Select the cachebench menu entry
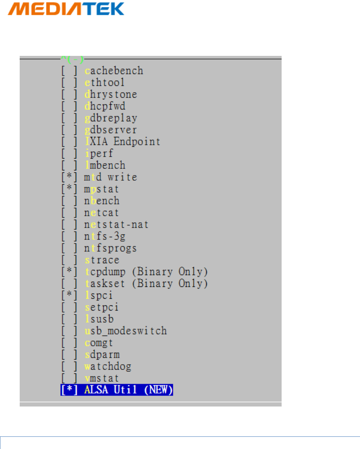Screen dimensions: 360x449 [x=114, y=71]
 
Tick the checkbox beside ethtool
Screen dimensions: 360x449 [x=69, y=83]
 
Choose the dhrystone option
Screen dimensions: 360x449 [x=111, y=94]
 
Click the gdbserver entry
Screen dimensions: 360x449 [x=111, y=130]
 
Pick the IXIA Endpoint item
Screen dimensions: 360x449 [x=122, y=142]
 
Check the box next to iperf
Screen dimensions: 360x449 [x=69, y=153]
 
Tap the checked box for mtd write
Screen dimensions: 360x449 [x=69, y=177]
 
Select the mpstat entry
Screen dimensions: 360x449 [x=102, y=189]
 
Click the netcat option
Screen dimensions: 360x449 [x=102, y=213]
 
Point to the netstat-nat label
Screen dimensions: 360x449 [x=117, y=225]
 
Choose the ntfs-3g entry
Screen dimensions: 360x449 [x=105, y=237]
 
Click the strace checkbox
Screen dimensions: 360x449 [x=69, y=260]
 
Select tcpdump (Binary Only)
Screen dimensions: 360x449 [x=146, y=272]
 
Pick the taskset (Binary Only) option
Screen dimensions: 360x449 [x=146, y=284]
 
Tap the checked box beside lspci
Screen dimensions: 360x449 [x=69, y=296]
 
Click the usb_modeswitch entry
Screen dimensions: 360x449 [x=126, y=331]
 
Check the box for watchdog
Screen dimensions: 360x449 [x=69, y=366]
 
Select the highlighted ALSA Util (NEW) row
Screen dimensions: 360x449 [x=117, y=390]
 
